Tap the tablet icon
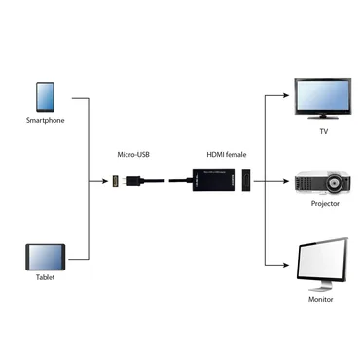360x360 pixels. tap(45, 257)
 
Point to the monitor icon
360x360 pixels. tap(321, 262)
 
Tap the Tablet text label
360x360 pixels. tap(44, 278)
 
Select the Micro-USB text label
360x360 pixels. tap(132, 155)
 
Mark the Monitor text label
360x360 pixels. tap(321, 299)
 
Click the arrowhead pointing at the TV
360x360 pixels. tap(288, 96)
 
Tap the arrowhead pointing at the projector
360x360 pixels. tap(288, 181)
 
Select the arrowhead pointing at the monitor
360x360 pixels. tap(288, 265)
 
